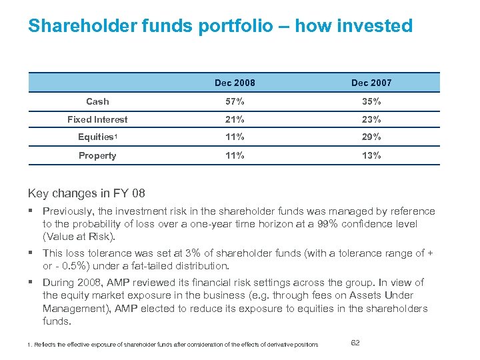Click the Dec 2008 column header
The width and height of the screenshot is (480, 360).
[x=234, y=83]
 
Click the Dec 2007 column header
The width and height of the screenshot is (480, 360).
[x=371, y=83]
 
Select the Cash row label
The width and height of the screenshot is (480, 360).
[x=97, y=101]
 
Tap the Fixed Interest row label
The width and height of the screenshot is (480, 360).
[x=97, y=119]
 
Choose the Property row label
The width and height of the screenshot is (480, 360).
[x=97, y=155]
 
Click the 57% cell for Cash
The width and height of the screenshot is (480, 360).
[x=235, y=101]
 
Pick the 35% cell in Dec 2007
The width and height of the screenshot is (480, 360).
[x=371, y=101]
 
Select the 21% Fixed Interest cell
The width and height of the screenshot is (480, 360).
[x=235, y=119]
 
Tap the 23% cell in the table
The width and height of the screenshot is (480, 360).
[x=371, y=119]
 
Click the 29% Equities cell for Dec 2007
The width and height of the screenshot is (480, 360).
[x=371, y=137]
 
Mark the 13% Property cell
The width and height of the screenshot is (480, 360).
[x=371, y=155]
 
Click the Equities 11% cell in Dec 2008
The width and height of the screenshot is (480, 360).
[x=235, y=137]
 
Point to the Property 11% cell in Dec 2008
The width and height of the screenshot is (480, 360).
[x=235, y=155]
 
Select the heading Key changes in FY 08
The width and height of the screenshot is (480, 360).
[x=86, y=193]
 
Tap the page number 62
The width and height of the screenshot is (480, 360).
[x=355, y=342]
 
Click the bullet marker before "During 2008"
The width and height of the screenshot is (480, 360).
[x=31, y=283]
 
